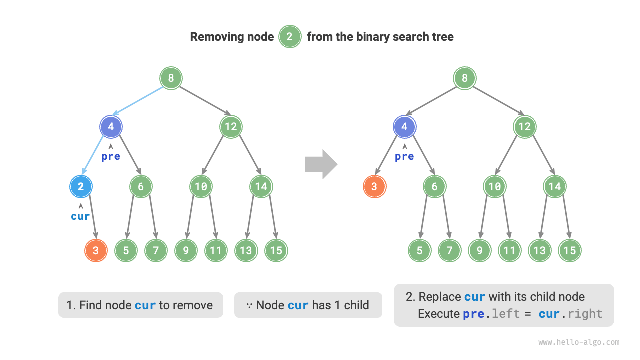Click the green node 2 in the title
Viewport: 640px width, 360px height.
(290, 37)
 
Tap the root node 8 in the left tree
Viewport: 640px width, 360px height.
(171, 78)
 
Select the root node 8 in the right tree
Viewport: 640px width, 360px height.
(465, 78)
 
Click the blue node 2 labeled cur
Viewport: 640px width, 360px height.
(81, 187)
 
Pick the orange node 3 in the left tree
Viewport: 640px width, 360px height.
(96, 251)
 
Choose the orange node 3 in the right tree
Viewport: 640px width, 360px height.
(374, 187)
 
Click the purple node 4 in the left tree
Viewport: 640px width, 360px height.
(111, 127)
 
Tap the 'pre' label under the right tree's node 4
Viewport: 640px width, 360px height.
(404, 156)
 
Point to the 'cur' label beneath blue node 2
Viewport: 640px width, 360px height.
(81, 216)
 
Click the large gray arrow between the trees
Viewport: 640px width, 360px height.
(321, 164)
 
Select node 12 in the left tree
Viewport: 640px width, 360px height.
(231, 127)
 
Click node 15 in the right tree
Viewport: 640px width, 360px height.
(569, 251)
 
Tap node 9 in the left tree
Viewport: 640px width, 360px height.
(186, 251)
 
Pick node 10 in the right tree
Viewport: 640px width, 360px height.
(494, 187)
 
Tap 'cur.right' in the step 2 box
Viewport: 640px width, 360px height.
(570, 314)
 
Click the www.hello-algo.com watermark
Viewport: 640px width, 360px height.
(579, 342)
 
